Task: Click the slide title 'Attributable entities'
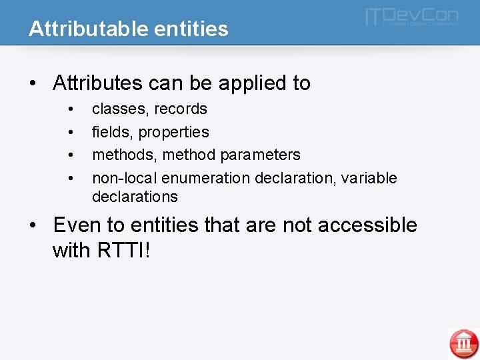click(128, 29)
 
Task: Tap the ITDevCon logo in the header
click(411, 17)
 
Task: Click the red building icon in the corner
click(463, 343)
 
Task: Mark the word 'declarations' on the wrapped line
click(135, 197)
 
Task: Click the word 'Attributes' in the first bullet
click(97, 83)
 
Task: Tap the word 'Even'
click(75, 225)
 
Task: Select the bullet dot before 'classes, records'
click(70, 109)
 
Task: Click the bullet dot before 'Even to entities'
click(33, 225)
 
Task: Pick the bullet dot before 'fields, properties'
click(70, 132)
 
